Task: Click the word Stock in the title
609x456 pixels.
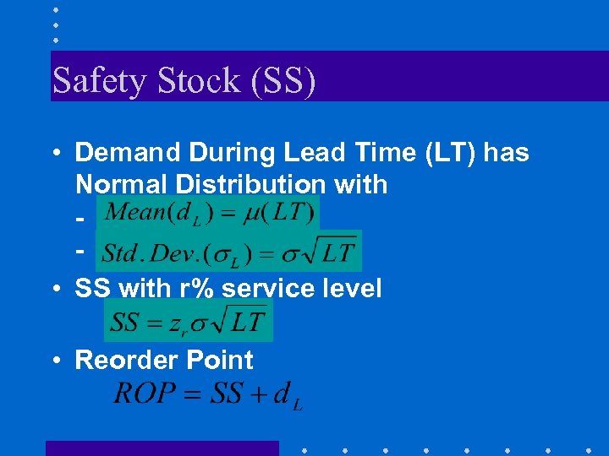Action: [x=178, y=81]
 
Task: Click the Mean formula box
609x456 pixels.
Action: [x=207, y=212]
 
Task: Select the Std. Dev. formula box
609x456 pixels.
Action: [x=228, y=251]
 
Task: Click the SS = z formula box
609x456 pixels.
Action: [x=188, y=322]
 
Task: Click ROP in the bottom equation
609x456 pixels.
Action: [x=145, y=393]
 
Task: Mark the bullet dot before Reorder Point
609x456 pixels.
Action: [x=55, y=361]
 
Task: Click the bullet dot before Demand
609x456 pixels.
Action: [x=55, y=153]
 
